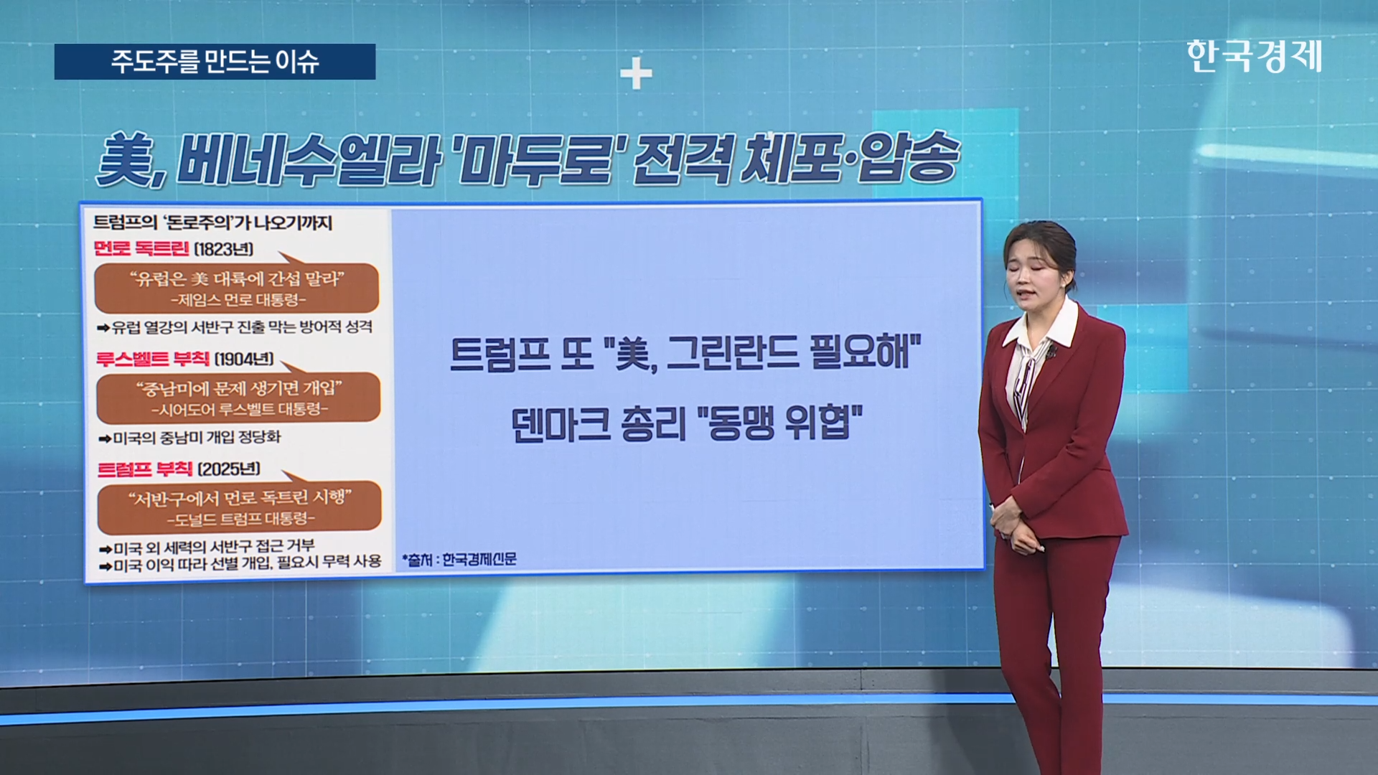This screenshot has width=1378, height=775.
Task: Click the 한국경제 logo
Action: tap(1254, 56)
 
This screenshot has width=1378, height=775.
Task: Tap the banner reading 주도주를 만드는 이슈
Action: tap(215, 62)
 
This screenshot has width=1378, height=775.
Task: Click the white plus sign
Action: tap(636, 74)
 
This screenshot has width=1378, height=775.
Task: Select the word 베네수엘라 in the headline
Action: tap(309, 159)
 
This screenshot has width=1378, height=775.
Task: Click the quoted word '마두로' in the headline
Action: tap(538, 159)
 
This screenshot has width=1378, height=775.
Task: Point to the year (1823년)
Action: tap(224, 249)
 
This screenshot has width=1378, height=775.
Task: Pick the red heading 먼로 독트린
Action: tap(141, 249)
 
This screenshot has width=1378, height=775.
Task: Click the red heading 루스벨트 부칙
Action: tap(153, 359)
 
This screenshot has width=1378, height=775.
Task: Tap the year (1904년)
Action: tap(244, 359)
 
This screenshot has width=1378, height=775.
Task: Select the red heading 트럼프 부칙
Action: tap(145, 469)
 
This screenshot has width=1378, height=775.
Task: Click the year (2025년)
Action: tap(229, 469)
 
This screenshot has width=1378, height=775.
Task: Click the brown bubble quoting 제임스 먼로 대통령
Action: tap(237, 287)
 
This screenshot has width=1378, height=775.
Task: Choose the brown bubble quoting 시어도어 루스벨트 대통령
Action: tap(238, 397)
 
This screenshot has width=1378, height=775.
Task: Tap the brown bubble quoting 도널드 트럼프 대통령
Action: tap(240, 506)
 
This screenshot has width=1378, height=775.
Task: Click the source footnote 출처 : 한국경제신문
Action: tap(459, 559)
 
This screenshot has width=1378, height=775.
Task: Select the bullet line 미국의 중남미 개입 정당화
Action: tap(189, 437)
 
